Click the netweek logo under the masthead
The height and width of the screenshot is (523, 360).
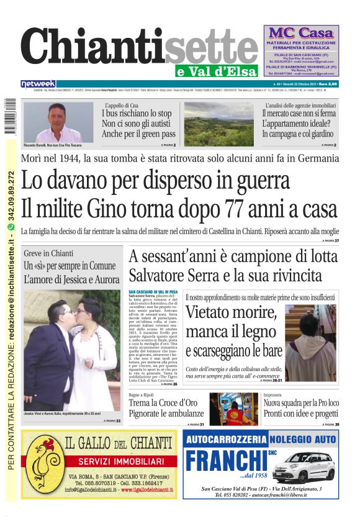tap(38, 84)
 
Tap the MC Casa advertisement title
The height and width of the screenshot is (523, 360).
tap(301, 32)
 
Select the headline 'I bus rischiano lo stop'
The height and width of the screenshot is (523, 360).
tap(137, 114)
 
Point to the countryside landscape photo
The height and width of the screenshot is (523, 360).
tap(223, 124)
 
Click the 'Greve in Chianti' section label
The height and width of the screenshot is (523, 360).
tap(48, 253)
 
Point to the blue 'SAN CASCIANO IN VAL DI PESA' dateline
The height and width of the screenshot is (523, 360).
tap(153, 291)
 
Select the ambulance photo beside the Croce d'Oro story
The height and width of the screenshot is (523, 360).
tap(233, 408)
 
